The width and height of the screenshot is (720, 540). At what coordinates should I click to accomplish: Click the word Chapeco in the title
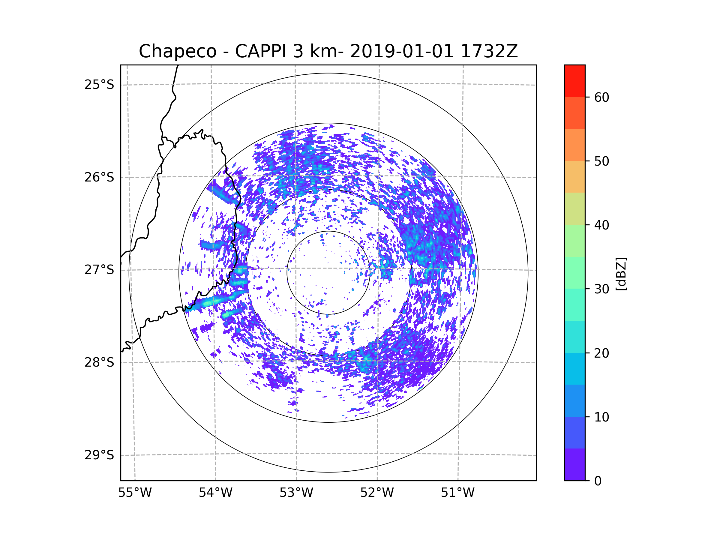click(178, 51)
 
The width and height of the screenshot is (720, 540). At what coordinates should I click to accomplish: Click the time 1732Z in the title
click(489, 51)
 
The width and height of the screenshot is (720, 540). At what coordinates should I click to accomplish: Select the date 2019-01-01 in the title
click(402, 51)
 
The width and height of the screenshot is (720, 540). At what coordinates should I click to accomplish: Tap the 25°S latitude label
click(99, 85)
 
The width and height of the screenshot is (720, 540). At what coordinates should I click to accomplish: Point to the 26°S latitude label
click(99, 177)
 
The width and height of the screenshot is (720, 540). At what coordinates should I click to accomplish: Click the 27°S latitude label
click(99, 270)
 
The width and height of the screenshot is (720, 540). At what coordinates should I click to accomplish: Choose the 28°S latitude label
click(99, 362)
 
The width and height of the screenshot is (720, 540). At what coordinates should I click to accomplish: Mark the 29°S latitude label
click(99, 455)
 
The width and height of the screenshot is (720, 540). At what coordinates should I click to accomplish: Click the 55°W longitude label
click(135, 493)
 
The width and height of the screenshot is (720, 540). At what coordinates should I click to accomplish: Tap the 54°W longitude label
click(215, 493)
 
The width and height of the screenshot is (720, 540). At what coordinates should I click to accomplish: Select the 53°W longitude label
click(296, 493)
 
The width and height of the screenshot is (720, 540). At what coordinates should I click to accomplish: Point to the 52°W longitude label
click(377, 493)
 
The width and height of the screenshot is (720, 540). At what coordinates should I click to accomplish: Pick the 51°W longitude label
click(457, 493)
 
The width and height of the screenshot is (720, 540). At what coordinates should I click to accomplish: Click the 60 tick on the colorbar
click(601, 97)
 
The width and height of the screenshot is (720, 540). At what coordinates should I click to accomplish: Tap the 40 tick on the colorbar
click(601, 225)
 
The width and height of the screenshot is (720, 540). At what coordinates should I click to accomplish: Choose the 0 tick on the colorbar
click(598, 481)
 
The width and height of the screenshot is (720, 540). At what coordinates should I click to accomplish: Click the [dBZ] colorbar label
click(621, 274)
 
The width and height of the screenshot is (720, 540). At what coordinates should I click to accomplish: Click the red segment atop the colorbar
click(575, 81)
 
